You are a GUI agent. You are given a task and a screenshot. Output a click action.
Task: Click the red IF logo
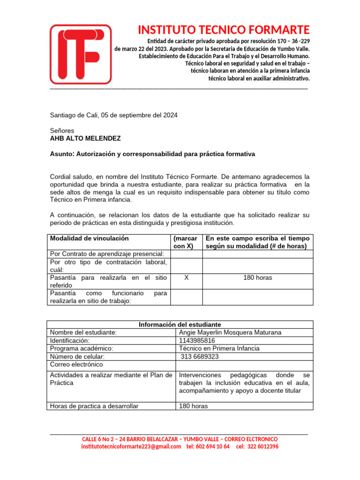pyautogui.click(x=81, y=54)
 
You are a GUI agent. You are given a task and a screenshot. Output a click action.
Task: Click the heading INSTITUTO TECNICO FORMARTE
pyautogui.click(x=224, y=30)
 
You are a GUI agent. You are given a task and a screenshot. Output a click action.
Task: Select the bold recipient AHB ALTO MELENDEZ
pyautogui.click(x=85, y=139)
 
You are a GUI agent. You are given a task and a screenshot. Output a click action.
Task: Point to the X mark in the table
pyautogui.click(x=187, y=278)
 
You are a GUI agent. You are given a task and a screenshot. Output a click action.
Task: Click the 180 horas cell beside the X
pyautogui.click(x=257, y=278)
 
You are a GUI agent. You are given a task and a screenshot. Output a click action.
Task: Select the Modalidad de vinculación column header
pyautogui.click(x=89, y=239)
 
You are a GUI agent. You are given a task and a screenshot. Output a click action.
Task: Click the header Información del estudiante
pyautogui.click(x=180, y=324)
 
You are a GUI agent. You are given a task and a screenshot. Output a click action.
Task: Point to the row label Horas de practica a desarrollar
pyautogui.click(x=94, y=406)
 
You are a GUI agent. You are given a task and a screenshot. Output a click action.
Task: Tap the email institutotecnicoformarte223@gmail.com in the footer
pyautogui.click(x=131, y=447)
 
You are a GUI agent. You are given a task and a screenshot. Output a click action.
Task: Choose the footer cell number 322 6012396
pyautogui.click(x=263, y=447)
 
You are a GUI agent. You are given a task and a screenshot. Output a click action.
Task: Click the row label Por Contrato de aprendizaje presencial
pyautogui.click(x=107, y=254)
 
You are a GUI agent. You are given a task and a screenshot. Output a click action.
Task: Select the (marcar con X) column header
pyautogui.click(x=185, y=242)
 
